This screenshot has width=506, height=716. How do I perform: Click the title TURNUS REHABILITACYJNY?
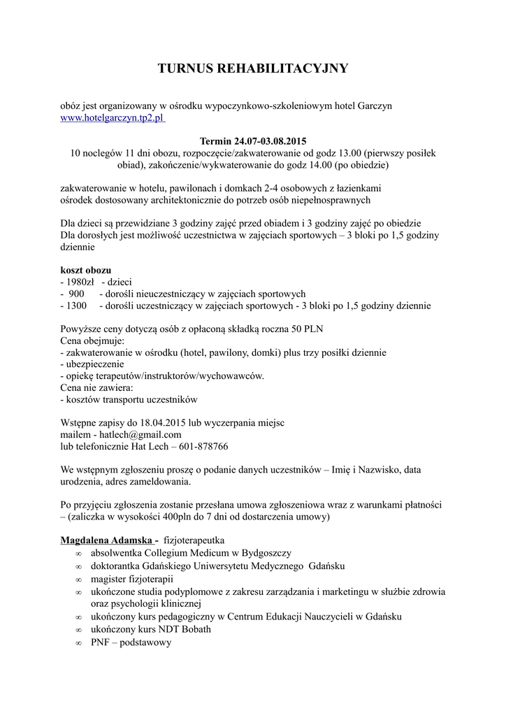[252, 69]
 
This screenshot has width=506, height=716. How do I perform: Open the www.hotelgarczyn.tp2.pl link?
[112, 118]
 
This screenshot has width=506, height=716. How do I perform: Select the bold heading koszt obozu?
[86, 270]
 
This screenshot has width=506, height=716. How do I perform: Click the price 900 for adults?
[76, 294]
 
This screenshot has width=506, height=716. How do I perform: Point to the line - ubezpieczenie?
[92, 364]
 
